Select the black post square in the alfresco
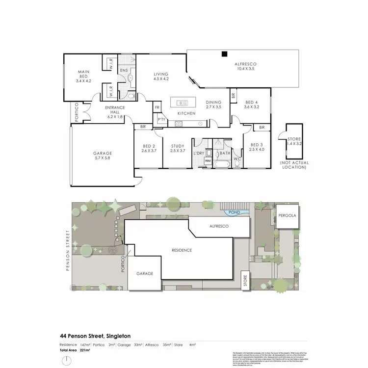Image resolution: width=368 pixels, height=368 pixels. tap(224, 54)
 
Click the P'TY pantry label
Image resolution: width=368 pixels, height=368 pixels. tap(160, 119)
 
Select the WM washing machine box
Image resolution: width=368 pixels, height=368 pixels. tap(208, 160)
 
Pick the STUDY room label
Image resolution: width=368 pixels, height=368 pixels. tap(177, 148)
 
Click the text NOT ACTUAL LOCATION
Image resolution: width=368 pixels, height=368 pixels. tap(293, 165)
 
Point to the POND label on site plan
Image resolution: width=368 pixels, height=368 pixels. tap(233, 213)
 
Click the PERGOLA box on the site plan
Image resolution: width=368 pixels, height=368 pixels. tap(287, 216)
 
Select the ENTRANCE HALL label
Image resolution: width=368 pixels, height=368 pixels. tap(115, 110)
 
